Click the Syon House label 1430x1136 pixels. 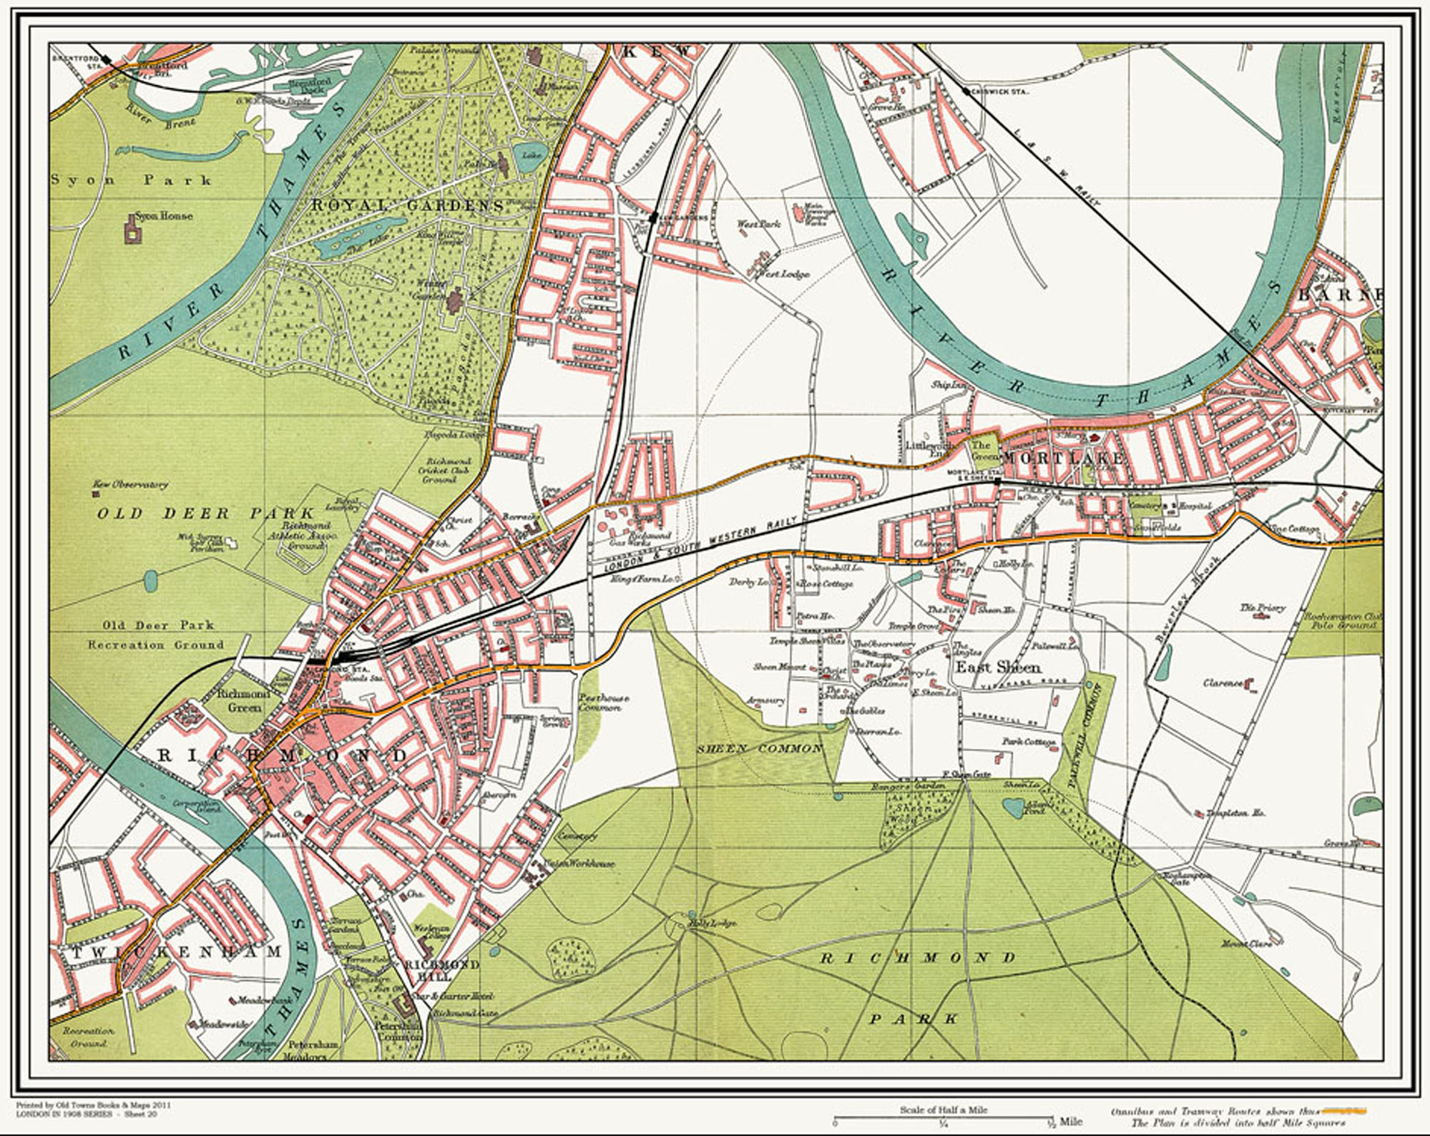pyautogui.click(x=164, y=215)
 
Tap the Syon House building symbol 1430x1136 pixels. pyautogui.click(x=132, y=232)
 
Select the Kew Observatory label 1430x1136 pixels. pyautogui.click(x=130, y=484)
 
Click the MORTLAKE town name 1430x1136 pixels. pyautogui.click(x=1063, y=458)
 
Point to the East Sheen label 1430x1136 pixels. pyautogui.click(x=998, y=667)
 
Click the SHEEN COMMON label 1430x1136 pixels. pyautogui.click(x=760, y=748)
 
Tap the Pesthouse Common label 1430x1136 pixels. pyautogui.click(x=599, y=702)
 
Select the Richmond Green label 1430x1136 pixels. pyautogui.click(x=244, y=700)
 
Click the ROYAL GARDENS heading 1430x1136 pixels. pyautogui.click(x=407, y=206)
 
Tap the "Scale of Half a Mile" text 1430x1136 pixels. pyautogui.click(x=944, y=1110)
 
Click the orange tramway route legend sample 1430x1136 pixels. pyautogui.click(x=1343, y=1112)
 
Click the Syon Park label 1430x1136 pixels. pyautogui.click(x=130, y=180)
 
